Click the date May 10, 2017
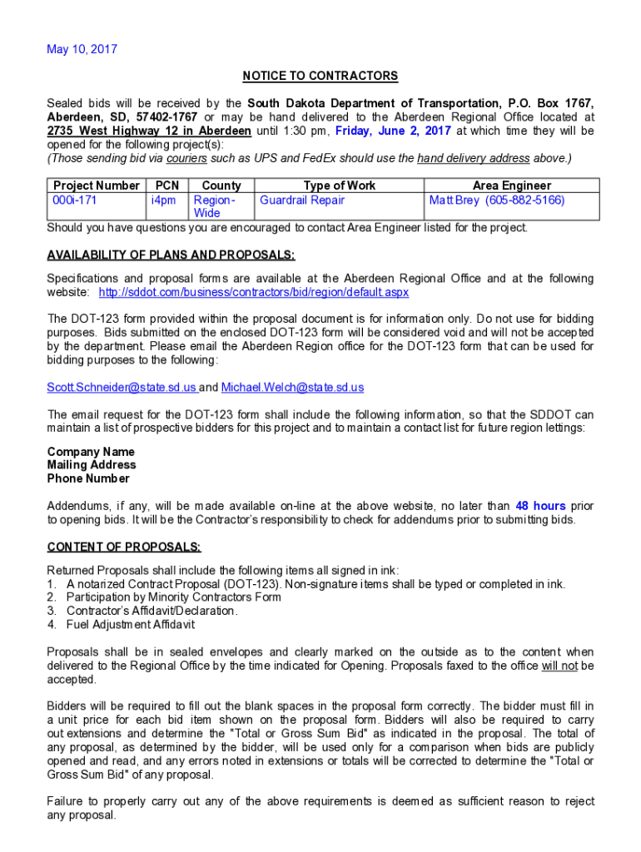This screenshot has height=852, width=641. tap(82, 49)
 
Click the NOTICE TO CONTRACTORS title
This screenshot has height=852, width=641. tap(320, 77)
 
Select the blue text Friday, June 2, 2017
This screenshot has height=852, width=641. tap(393, 131)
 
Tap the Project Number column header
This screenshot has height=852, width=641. tap(96, 186)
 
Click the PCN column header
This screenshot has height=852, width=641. tap(166, 186)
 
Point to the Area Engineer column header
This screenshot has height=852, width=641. tap(511, 186)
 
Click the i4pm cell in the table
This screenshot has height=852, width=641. tap(163, 201)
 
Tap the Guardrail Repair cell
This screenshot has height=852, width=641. tap(302, 201)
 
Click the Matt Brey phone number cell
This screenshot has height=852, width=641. tap(496, 201)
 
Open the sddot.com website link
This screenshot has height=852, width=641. tap(253, 293)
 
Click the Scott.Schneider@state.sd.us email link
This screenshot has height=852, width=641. tap(122, 388)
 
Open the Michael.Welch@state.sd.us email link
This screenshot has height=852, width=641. tap(292, 388)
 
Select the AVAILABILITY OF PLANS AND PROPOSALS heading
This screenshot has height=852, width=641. tap(171, 255)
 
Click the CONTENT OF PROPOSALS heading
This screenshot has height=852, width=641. tap(124, 547)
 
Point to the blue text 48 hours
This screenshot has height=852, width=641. tap(540, 506)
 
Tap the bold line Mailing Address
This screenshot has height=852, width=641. tap(92, 465)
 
